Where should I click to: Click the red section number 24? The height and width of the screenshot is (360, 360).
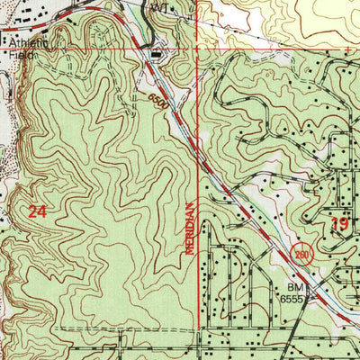(x=36, y=212)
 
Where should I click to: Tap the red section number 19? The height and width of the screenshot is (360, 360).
(x=339, y=224)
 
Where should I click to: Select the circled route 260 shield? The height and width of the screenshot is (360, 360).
(x=300, y=255)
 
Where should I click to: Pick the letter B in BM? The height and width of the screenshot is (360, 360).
(x=283, y=289)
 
